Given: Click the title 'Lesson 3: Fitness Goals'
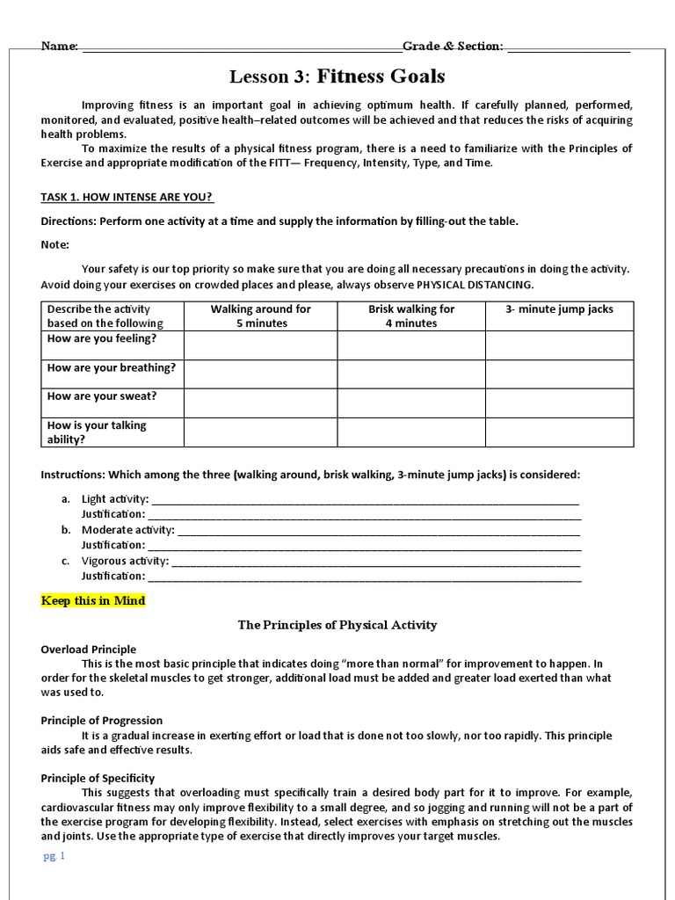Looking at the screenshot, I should coord(337,76).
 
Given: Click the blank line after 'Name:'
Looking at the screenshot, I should coord(242,49).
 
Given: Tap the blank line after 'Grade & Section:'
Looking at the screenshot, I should coord(569,49).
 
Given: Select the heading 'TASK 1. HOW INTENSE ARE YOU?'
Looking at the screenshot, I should coord(127,196).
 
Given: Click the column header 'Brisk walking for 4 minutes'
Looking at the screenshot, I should coord(411,316).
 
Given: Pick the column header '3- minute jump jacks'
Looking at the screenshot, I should coord(559,309).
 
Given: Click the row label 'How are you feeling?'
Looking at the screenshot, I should coord(102,338).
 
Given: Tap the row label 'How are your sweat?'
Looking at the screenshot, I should coord(102,396).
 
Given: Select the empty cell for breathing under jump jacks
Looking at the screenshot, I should coord(559,374).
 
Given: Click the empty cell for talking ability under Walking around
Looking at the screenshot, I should coord(260,432).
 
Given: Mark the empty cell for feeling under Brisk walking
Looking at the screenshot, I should coord(411,345).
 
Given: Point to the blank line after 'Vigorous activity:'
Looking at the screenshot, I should coord(376,562).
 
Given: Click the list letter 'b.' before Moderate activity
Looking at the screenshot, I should coord(66,530).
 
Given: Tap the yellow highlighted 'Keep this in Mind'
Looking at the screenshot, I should coord(93,601).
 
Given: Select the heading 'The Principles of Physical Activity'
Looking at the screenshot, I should coord(337,625).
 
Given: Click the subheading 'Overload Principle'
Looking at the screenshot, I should coord(89,650).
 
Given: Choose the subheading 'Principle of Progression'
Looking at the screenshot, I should coord(102,721).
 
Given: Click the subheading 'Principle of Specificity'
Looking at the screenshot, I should coord(98,778).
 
